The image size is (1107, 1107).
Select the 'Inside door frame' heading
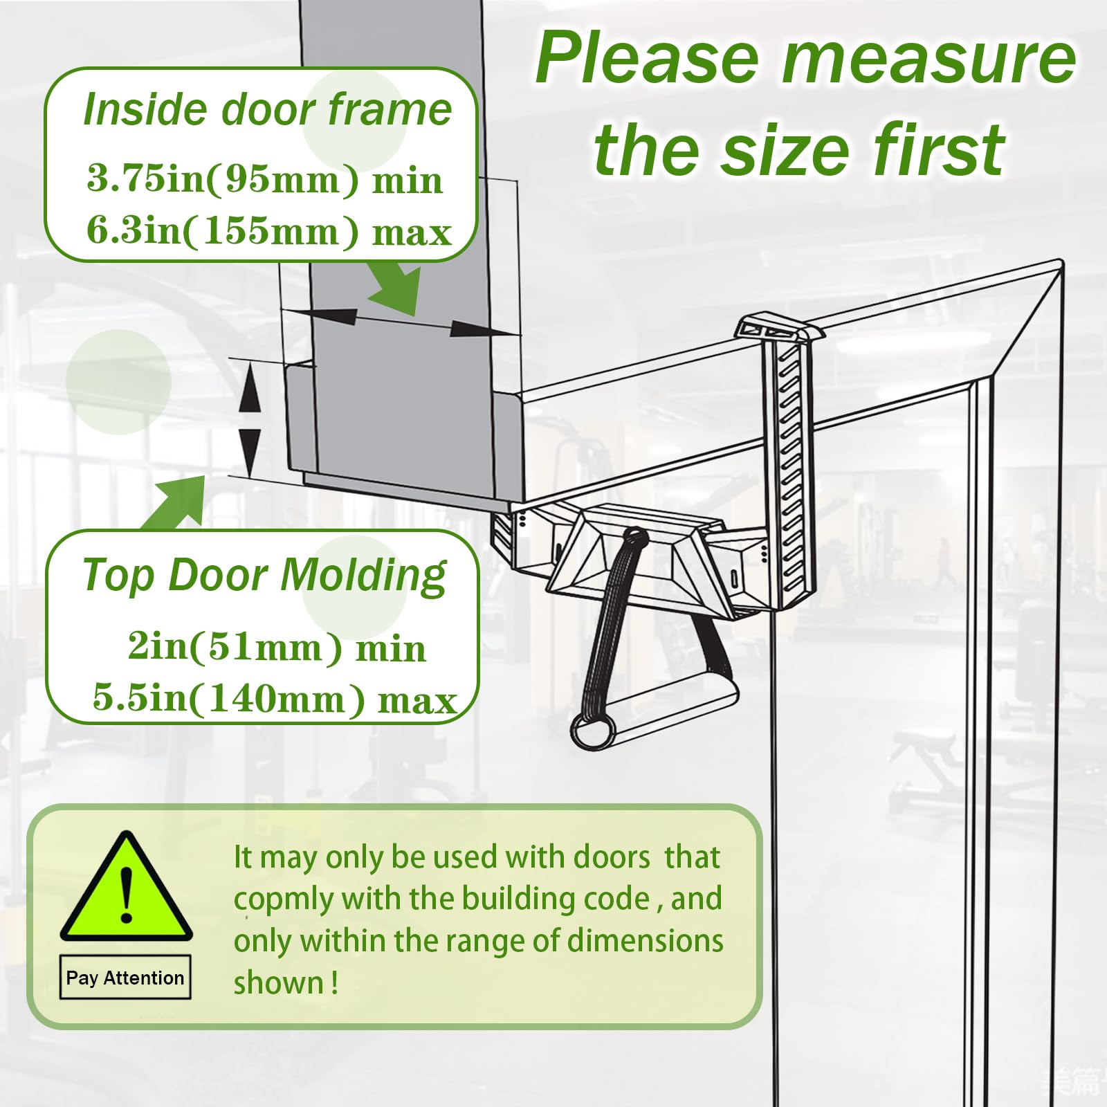tap(267, 110)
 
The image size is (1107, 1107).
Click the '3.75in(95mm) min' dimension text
tap(264, 179)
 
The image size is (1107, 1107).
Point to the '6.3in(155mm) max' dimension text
tap(268, 230)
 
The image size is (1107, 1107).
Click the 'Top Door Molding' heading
tap(264, 576)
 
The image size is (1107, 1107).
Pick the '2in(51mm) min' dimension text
tap(277, 648)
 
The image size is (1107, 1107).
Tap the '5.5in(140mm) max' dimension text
tap(274, 698)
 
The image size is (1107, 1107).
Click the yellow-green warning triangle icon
tap(126, 889)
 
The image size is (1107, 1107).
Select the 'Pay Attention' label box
tap(125, 978)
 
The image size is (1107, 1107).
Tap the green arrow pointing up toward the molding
tap(176, 502)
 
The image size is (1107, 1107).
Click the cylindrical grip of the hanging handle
tap(594, 729)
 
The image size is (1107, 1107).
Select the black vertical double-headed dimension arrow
tap(250, 418)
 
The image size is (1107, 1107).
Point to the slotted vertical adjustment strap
tap(789, 470)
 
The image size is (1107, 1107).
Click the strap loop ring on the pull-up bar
tap(632, 536)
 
